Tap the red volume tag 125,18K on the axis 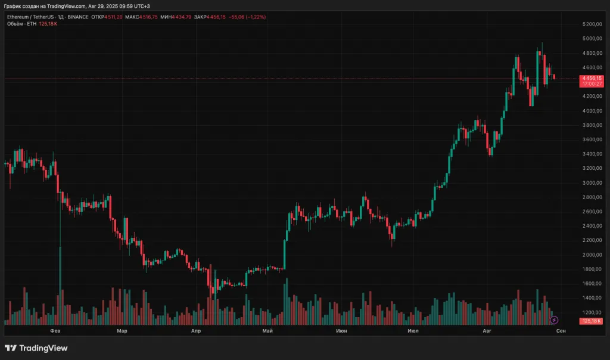coord(592,322)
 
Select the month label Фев coord(55,330)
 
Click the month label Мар coord(122,330)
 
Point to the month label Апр coord(196,330)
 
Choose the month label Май coord(267,330)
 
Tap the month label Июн coord(341,330)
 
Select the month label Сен coord(561,330)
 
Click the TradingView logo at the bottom coord(36,348)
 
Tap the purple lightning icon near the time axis coord(554,321)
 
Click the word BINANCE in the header coord(79,17)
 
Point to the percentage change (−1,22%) coord(253,17)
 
